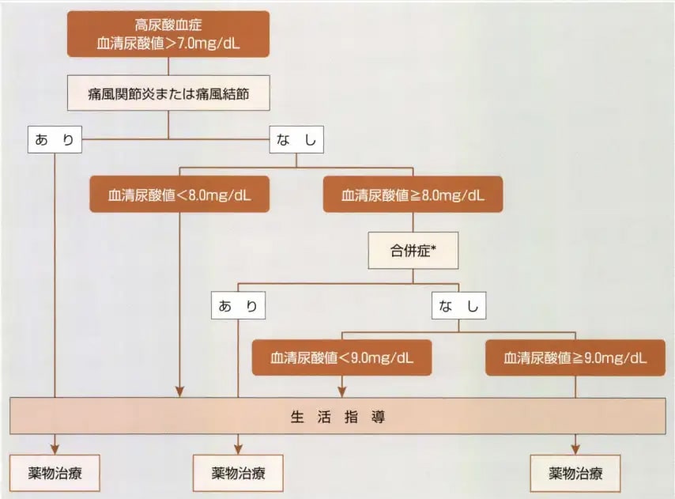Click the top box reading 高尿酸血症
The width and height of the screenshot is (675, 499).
click(x=168, y=34)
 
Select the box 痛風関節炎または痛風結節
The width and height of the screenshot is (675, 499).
click(x=168, y=93)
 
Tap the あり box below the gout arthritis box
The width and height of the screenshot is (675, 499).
click(x=55, y=139)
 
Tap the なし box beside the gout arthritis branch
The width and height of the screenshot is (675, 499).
click(x=296, y=139)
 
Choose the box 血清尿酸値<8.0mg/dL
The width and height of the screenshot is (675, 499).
click(x=179, y=195)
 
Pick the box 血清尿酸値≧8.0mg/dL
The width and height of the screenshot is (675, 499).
click(x=413, y=195)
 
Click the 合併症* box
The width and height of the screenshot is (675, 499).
click(x=413, y=251)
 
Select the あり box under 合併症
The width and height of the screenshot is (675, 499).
click(x=238, y=305)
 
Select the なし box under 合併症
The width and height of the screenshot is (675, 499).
click(x=459, y=305)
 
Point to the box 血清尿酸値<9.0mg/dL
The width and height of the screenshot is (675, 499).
click(x=341, y=357)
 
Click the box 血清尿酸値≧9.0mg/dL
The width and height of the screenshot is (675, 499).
click(x=575, y=357)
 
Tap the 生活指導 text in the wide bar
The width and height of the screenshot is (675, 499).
click(x=338, y=417)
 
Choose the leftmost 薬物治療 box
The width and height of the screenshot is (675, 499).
click(x=55, y=473)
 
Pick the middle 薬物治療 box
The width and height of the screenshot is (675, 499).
click(x=238, y=473)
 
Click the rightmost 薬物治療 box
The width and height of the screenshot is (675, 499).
click(x=575, y=473)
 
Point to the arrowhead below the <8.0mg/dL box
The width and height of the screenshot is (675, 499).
click(x=179, y=391)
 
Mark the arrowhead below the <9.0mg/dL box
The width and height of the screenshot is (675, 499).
click(x=341, y=391)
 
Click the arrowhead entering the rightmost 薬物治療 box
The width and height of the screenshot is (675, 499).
click(x=575, y=449)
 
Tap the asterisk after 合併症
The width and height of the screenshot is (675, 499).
click(x=433, y=248)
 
